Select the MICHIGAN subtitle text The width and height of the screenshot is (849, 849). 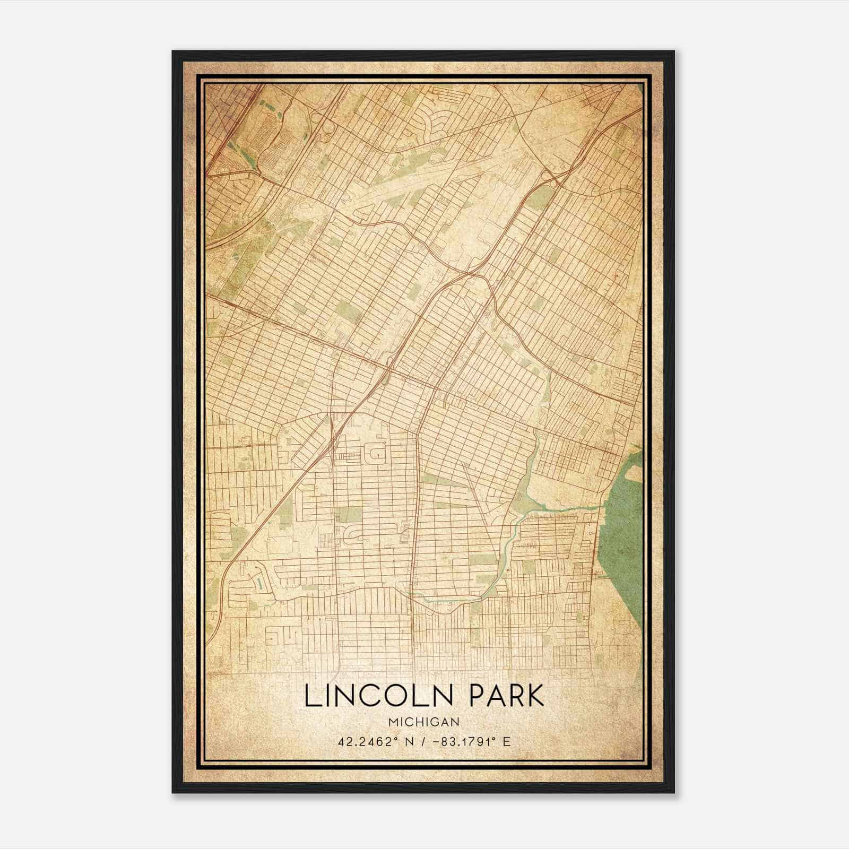[x=424, y=722]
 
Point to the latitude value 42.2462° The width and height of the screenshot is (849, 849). [x=365, y=741]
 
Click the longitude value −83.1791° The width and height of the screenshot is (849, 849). [x=461, y=741]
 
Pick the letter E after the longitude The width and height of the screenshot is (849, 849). [x=507, y=741]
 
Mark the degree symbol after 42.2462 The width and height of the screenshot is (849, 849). [x=393, y=738]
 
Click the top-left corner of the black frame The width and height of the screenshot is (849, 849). [x=174, y=52]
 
